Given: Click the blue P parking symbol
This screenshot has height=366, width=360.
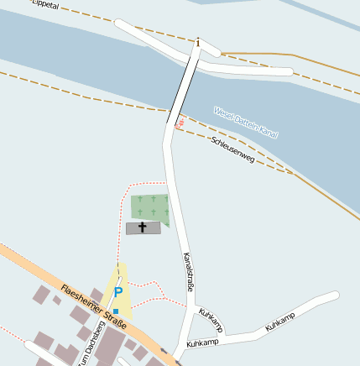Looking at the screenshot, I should point(118,292).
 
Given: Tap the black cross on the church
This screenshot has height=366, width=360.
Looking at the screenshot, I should point(143,227).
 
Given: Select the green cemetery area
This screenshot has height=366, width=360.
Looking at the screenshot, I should point(149,207).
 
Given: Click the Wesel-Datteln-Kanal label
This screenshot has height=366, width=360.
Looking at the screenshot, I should point(245,122).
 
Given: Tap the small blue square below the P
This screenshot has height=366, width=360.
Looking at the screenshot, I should point(117,311).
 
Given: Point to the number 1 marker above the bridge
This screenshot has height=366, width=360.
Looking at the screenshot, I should point(198,42).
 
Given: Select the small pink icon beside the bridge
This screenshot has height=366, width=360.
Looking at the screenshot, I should point(179,123).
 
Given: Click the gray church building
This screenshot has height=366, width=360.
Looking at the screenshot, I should point(143,227).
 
